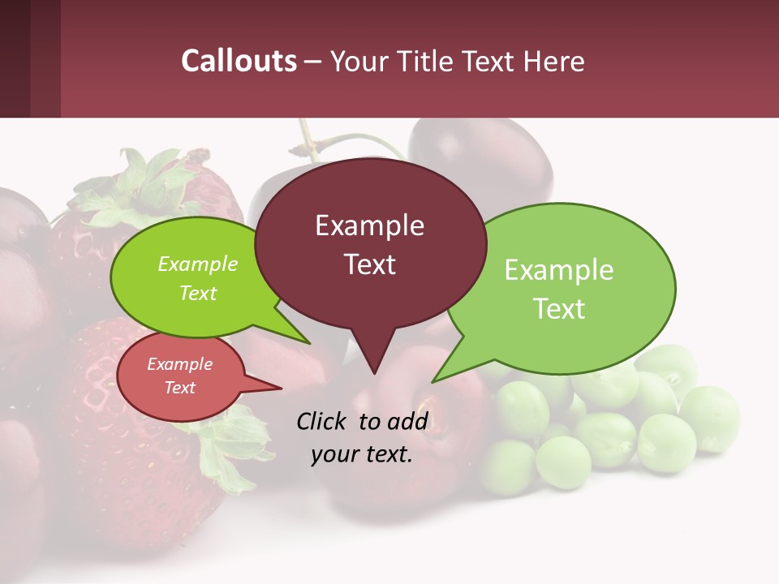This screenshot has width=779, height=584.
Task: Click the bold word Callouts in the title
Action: point(239,61)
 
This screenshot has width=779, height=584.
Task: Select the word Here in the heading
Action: point(553,61)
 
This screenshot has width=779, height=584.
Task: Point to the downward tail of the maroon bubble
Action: point(373,357)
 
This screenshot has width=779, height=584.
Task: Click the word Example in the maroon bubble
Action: point(369,225)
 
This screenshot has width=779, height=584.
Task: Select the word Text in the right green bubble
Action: point(559,309)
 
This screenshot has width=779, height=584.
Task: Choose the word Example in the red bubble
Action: point(179,365)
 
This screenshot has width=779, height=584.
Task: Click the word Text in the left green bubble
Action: point(198,294)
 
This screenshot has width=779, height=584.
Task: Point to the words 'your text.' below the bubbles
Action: point(362,455)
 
